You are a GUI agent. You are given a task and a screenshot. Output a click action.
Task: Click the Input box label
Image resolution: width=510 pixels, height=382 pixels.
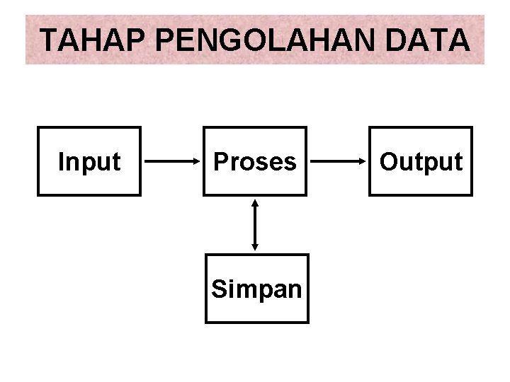coord(89,162)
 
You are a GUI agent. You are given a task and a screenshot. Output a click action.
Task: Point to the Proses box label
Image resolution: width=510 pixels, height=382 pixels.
coord(255,162)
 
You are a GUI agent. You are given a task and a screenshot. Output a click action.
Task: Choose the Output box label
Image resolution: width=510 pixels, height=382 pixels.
coord(421,162)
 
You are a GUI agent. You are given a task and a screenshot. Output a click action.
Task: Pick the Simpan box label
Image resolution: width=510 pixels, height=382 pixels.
coord(256,289)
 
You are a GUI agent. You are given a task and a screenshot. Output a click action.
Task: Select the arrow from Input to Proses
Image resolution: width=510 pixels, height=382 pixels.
coord(172,161)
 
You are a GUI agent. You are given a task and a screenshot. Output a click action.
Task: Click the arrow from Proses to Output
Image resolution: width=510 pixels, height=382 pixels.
coord(338,161)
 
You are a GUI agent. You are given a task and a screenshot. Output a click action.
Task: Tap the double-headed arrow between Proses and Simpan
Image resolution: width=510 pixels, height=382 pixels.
coord(255,225)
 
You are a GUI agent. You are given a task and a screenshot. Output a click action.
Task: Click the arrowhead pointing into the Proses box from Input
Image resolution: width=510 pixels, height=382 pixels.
coord(197,161)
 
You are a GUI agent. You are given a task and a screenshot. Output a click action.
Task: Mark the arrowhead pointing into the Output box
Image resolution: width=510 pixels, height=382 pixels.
coord(363,161)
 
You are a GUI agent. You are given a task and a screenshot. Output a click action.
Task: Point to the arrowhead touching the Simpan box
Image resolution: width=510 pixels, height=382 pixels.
coord(255,247)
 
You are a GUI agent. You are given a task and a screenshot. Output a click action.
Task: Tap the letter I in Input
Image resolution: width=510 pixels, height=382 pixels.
coord(61,161)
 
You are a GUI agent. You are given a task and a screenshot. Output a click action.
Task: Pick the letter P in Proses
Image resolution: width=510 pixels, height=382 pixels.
coord(220,161)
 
